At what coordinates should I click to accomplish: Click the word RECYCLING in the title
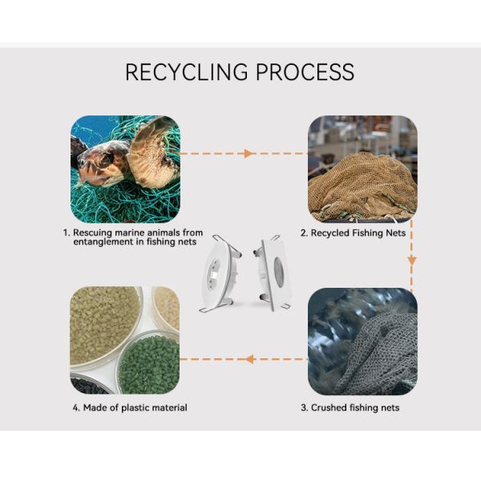(187, 71)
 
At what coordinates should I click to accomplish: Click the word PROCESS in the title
(305, 71)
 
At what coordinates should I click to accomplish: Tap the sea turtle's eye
(103, 158)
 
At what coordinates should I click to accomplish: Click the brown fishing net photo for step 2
(362, 169)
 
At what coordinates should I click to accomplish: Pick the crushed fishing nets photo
(362, 341)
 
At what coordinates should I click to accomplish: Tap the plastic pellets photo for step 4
(124, 340)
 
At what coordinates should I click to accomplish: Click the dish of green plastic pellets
(149, 361)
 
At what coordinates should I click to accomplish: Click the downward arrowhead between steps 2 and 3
(412, 261)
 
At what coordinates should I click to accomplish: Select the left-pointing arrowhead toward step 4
(249, 358)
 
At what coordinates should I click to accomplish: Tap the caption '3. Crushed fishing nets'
(350, 407)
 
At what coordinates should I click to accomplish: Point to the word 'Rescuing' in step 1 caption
(92, 232)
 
